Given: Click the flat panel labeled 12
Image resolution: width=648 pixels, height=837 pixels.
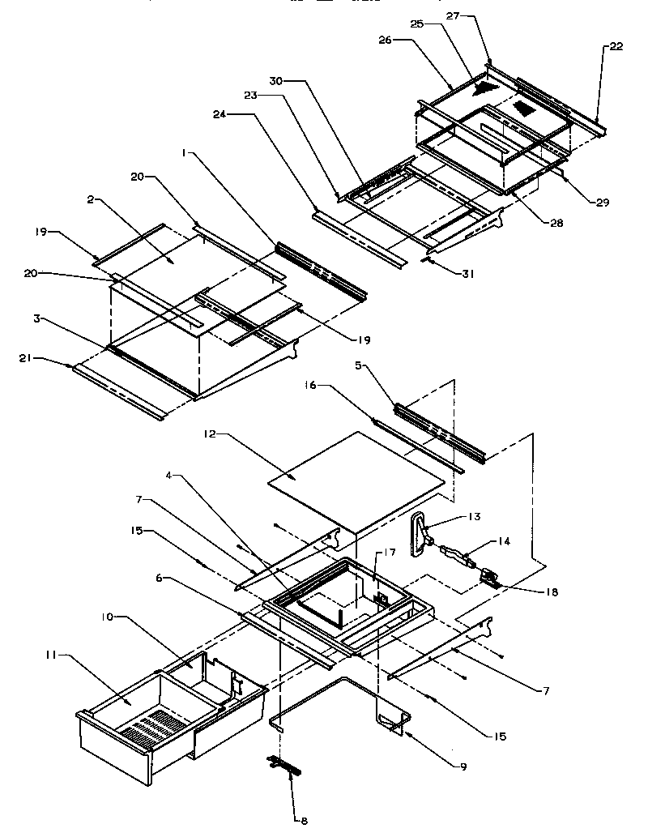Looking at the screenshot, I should [356, 478].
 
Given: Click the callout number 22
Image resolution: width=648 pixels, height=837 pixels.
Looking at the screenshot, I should [616, 46].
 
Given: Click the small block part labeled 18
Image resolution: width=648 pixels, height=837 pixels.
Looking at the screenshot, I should [490, 577].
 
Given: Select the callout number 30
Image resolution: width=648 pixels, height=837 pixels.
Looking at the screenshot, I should [277, 81].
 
